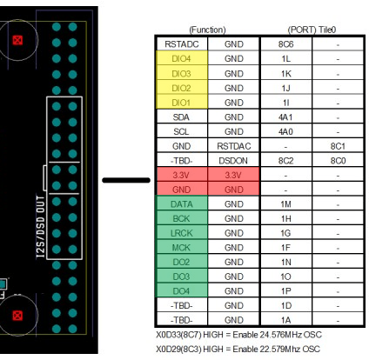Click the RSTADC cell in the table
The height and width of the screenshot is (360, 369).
coord(182,44)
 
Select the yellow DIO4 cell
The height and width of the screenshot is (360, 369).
coord(182,58)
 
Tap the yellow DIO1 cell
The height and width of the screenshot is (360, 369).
coord(182,103)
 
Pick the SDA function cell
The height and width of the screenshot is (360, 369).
coord(182,117)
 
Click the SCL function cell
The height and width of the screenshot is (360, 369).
coord(182,131)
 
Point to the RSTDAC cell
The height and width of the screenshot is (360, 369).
coord(234,146)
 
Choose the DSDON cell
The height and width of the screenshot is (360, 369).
coord(234,161)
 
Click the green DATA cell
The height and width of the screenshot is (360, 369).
coord(182,204)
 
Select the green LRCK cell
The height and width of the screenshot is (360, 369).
coord(182,233)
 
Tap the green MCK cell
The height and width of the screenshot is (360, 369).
coord(182,248)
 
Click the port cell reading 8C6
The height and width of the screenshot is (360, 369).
coord(286,44)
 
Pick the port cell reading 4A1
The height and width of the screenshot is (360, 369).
coord(286,117)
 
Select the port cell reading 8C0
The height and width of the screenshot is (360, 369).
coord(338,161)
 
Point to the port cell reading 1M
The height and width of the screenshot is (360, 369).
coord(286,204)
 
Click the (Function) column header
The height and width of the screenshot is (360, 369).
coord(207,30)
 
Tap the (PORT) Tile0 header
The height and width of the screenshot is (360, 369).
coord(312,30)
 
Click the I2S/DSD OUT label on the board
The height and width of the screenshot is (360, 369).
coord(41,226)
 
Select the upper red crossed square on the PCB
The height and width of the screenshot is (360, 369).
coord(17,40)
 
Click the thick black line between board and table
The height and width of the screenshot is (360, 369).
coord(126,180)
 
